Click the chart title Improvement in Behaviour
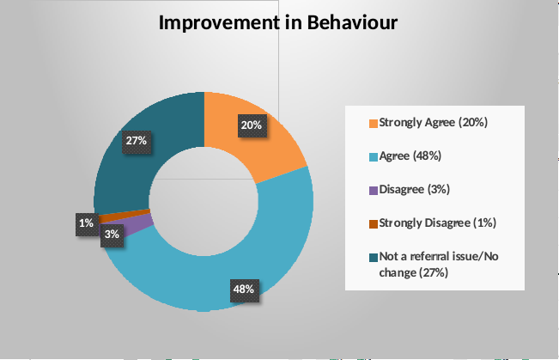coord(278,22)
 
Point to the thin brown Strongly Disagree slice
coord(125,215)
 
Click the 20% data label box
coord(252,125)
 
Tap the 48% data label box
coord(244,290)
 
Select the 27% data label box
coord(137,141)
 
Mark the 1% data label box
coord(87,224)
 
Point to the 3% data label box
coord(112,235)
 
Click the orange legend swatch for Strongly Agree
coord(374,124)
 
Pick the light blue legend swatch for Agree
coord(374,157)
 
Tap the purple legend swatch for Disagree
coord(374,191)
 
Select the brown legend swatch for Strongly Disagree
coord(374,224)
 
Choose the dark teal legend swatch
coord(374,258)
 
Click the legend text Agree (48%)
coord(410,156)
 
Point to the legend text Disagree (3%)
coord(414,190)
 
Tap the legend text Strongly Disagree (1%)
coord(437,223)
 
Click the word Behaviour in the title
coord(352,22)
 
